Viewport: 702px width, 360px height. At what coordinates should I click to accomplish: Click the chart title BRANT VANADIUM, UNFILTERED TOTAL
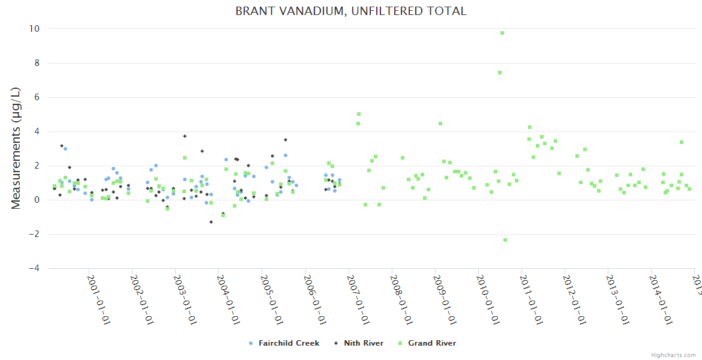click(x=351, y=11)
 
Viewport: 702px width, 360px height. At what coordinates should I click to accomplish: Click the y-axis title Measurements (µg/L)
click(x=16, y=148)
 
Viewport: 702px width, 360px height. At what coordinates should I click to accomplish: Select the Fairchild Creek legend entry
click(x=289, y=343)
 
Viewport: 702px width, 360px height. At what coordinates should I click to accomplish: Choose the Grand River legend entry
click(x=431, y=343)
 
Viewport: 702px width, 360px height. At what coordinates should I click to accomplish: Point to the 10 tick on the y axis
click(x=34, y=29)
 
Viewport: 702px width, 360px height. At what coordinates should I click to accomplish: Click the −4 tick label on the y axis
click(x=34, y=268)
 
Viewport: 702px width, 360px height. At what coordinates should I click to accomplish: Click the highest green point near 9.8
click(x=502, y=33)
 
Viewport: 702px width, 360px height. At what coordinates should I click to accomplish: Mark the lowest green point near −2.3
click(x=505, y=240)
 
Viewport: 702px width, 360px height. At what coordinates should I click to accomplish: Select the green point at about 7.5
click(x=499, y=73)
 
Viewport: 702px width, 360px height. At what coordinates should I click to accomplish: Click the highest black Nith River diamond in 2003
click(x=185, y=136)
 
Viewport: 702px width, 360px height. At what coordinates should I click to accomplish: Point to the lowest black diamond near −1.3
click(x=211, y=222)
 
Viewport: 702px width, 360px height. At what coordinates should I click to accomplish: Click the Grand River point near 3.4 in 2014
click(x=682, y=142)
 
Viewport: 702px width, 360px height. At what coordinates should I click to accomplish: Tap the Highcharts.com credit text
click(x=673, y=355)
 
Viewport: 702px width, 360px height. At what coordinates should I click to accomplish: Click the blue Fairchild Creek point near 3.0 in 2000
click(x=65, y=149)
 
